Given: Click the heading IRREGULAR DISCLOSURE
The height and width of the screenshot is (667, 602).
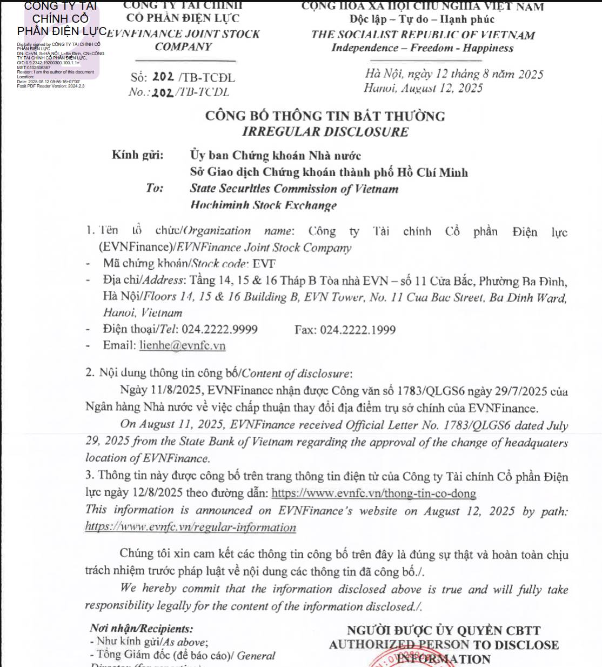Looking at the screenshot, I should click(x=325, y=132).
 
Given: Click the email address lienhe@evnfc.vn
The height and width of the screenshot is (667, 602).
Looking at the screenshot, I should click(x=182, y=345).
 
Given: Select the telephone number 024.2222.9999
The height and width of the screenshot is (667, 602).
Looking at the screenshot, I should click(x=219, y=329).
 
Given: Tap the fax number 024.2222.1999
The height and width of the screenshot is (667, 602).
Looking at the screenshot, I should click(x=358, y=330).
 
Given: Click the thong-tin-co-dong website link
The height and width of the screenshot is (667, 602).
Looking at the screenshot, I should click(x=373, y=493).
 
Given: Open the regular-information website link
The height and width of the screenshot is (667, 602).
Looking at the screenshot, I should click(x=190, y=527).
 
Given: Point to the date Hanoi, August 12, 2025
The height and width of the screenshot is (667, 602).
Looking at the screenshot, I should click(x=423, y=88).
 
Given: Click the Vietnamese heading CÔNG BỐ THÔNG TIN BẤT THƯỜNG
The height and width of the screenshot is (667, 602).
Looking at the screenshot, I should click(x=325, y=116).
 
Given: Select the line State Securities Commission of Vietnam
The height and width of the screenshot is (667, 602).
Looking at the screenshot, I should click(x=294, y=189).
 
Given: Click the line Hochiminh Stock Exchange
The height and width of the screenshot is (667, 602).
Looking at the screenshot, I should click(x=263, y=205).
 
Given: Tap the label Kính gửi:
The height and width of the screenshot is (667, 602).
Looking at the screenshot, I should click(x=137, y=155).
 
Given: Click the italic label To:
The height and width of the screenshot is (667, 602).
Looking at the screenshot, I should click(x=154, y=188).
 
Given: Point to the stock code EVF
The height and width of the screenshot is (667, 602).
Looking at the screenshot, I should click(x=264, y=264).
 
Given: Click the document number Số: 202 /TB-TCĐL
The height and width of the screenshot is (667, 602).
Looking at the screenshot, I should click(x=183, y=77).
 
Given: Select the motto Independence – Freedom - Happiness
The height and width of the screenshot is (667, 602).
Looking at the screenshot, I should click(x=422, y=48).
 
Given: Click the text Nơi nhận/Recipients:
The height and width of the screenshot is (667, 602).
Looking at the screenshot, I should click(x=141, y=629).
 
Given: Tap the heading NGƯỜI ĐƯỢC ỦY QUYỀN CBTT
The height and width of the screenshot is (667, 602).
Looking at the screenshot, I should click(x=443, y=630).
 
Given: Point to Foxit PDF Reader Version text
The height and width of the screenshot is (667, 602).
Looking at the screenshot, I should click(x=51, y=86).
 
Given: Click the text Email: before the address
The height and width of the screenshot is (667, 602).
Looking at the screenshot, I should click(x=119, y=345).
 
